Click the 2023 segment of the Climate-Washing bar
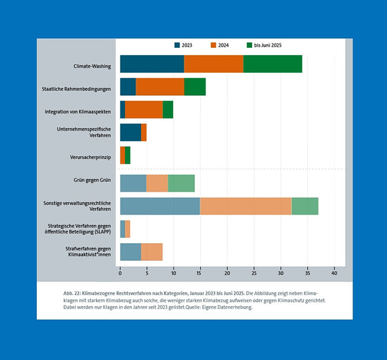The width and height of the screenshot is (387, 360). [152, 64]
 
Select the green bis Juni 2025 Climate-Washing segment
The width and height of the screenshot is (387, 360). [273, 64]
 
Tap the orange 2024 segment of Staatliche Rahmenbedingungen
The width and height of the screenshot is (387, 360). [160, 87]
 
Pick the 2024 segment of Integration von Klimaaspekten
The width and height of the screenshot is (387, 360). [144, 110]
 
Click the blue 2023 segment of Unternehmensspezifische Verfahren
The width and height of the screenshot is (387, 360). [131, 132]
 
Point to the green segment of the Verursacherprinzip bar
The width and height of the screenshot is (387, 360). [128, 155]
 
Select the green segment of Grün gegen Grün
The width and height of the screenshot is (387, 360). [181, 183]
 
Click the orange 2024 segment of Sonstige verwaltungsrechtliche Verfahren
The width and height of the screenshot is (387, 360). [246, 206]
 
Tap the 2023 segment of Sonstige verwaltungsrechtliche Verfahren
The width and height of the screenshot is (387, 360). [160, 206]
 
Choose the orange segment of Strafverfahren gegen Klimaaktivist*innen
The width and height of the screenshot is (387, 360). [152, 252]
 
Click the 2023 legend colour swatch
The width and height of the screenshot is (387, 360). [177, 45]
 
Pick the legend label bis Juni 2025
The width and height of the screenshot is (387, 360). [268, 45]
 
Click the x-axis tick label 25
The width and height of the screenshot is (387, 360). [254, 273]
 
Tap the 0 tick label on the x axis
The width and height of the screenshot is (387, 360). [120, 273]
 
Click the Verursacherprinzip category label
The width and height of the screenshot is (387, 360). [90, 158]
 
